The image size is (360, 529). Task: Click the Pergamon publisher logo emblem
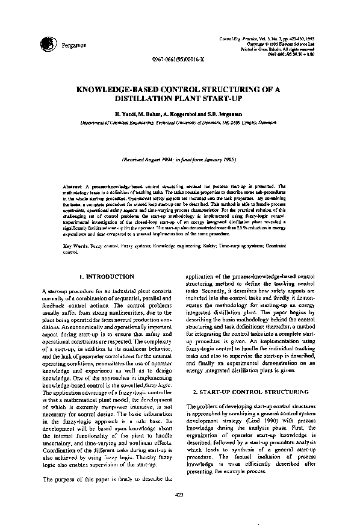47,44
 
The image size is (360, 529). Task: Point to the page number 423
179,495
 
